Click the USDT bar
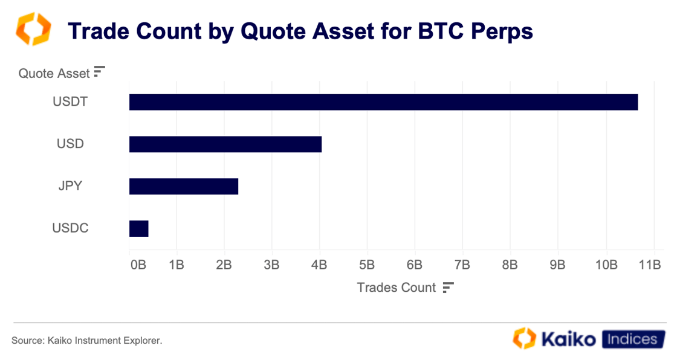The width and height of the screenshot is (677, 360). click(383, 102)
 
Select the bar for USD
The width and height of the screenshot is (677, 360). click(225, 144)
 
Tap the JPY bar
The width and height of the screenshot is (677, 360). click(183, 187)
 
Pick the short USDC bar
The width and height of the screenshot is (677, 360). click(138, 229)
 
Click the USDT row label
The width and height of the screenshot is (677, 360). click(70, 101)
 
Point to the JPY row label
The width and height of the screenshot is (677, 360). click(70, 186)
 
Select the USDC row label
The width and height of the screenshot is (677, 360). click(70, 228)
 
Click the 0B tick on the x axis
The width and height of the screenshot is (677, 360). click(138, 265)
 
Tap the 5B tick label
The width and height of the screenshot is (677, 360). click(367, 265)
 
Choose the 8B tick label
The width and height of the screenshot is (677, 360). click(510, 265)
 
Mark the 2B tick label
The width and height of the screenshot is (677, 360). click(224, 265)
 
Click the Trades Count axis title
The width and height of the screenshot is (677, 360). click(396, 288)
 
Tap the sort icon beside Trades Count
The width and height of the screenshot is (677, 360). click(448, 288)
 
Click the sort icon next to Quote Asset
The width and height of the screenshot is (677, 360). click(100, 72)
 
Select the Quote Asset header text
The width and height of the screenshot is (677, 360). click(54, 74)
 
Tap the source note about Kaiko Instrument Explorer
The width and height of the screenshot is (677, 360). click(87, 341)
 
